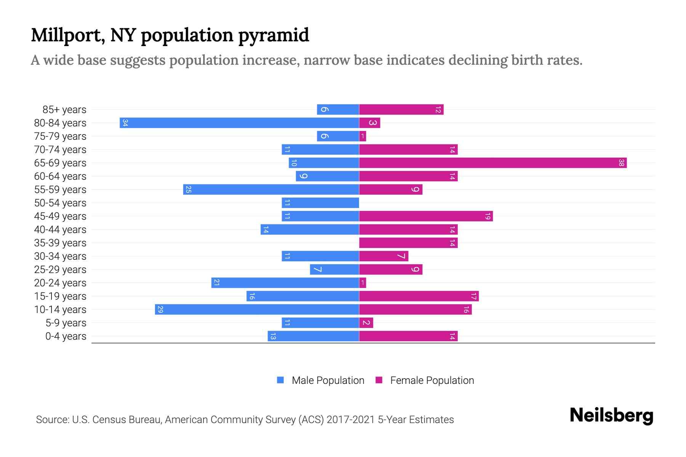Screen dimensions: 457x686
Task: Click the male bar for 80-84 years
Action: (x=239, y=123)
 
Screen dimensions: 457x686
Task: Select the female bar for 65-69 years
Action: (x=493, y=163)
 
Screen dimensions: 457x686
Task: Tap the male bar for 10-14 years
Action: (x=257, y=309)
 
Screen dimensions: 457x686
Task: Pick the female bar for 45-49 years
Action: (x=426, y=216)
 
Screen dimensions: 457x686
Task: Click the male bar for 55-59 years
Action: (x=271, y=189)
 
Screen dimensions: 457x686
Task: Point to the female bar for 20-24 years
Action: (x=362, y=283)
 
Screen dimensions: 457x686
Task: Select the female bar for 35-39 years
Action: (x=408, y=243)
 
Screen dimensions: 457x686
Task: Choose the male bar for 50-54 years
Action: (x=320, y=203)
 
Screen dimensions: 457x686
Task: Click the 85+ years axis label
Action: (x=64, y=110)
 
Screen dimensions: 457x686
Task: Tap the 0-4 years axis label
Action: (x=66, y=336)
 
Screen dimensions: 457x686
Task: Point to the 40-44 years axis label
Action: (x=60, y=230)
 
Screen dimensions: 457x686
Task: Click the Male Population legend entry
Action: (x=327, y=380)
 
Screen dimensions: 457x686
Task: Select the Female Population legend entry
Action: (x=432, y=380)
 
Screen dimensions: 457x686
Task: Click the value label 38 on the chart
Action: (x=621, y=163)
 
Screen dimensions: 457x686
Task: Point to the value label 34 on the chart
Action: (x=125, y=123)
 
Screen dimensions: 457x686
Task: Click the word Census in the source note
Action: (x=109, y=420)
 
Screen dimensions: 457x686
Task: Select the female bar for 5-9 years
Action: (x=366, y=323)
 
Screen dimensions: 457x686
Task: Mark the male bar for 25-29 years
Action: (x=334, y=269)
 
